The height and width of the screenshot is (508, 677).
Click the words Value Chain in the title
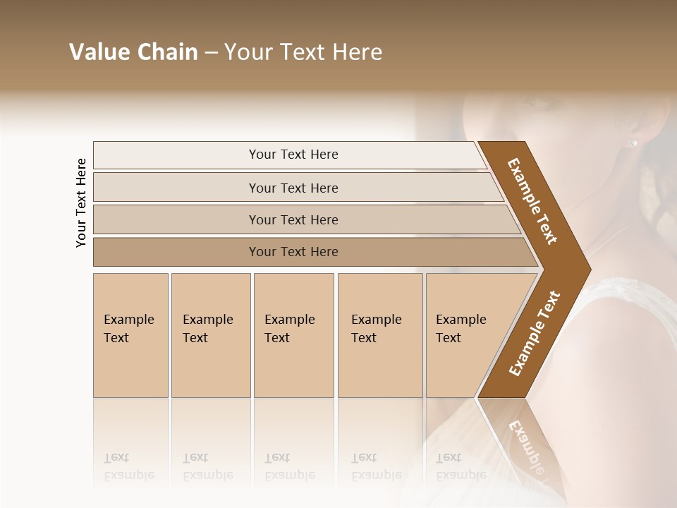(x=133, y=52)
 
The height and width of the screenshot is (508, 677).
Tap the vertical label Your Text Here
(x=81, y=202)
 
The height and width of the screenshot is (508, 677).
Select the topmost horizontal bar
(x=176, y=155)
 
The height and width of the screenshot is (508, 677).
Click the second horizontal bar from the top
(x=176, y=188)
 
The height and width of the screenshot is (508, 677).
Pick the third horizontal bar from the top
(x=176, y=219)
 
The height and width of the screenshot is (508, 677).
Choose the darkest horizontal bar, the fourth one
(x=176, y=252)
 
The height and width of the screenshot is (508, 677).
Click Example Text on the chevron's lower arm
(x=535, y=334)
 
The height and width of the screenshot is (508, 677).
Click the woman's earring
(x=633, y=143)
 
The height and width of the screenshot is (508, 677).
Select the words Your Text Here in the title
(x=303, y=52)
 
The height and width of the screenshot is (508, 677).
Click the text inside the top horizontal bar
(x=293, y=155)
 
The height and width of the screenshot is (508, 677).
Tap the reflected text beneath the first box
(x=128, y=466)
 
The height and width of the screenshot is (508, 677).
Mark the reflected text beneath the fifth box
(x=461, y=466)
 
